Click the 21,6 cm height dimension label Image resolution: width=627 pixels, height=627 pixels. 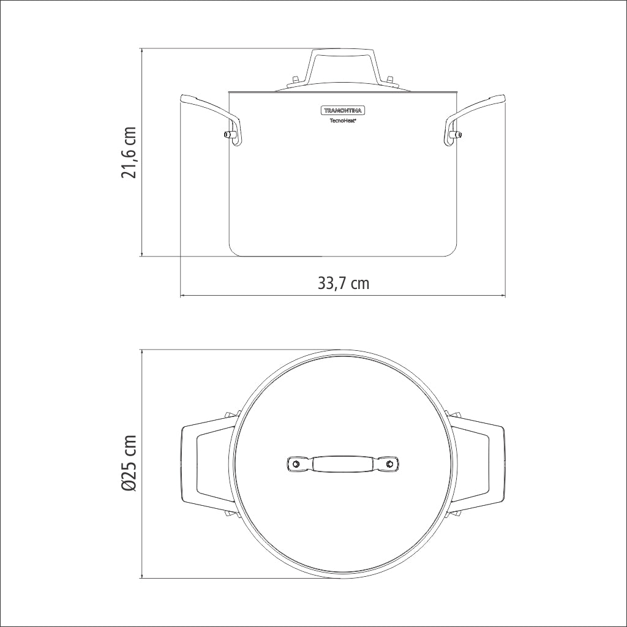[x=129, y=152]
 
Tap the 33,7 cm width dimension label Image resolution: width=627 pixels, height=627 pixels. [x=344, y=283]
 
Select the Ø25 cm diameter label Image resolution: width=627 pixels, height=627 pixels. [x=129, y=464]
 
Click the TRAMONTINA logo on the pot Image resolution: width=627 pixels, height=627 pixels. [x=343, y=110]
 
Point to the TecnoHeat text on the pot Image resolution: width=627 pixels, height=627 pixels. [x=343, y=120]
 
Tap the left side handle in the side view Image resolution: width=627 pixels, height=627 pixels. [x=212, y=118]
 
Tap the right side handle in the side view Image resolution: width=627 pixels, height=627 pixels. [x=475, y=118]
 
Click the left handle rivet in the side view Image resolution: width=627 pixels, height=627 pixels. [x=229, y=134]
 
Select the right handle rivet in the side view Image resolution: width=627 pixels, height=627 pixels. [x=456, y=134]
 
